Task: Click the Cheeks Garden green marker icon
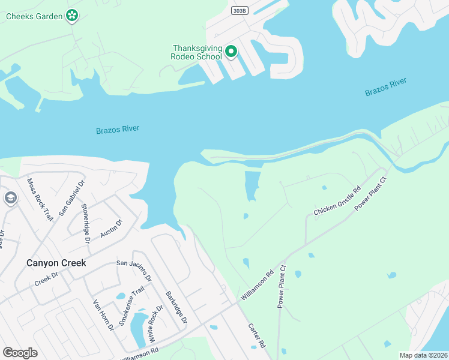click(x=72, y=16)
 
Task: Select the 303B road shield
click(x=238, y=11)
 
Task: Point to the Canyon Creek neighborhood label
click(x=56, y=263)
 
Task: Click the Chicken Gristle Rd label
click(x=337, y=202)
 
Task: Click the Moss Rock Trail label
click(x=40, y=199)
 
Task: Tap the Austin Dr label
click(x=111, y=228)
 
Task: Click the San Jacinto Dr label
click(x=134, y=269)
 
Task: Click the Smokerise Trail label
click(x=131, y=306)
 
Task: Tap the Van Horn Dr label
click(x=102, y=316)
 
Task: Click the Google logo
click(x=20, y=353)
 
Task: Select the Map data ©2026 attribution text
click(x=424, y=355)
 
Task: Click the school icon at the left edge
click(x=10, y=198)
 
